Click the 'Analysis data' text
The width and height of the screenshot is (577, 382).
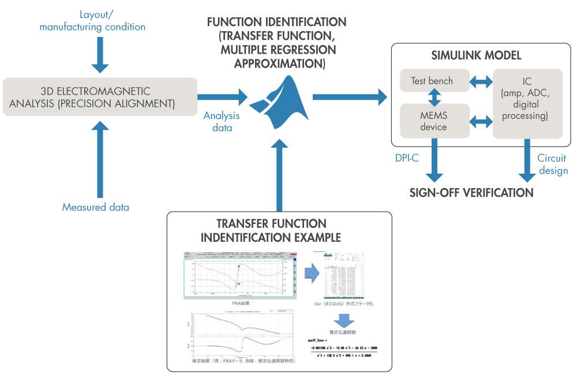coord(222,122)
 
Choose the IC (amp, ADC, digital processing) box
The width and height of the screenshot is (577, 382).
coord(527,104)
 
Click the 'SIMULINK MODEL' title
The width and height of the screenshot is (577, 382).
coord(477,55)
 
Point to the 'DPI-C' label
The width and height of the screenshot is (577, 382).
coord(407,158)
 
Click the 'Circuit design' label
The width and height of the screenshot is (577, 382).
coord(552,164)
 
